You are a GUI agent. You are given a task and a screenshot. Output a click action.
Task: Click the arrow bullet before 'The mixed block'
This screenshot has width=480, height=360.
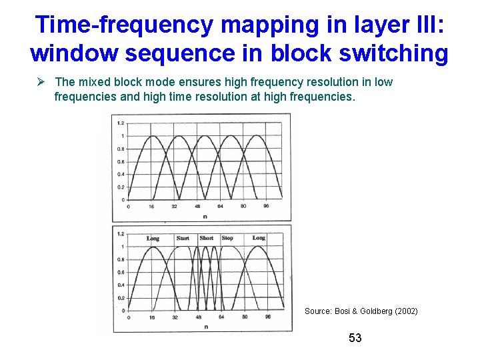point(41,82)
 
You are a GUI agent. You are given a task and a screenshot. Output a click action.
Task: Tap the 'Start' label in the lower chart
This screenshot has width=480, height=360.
point(183,238)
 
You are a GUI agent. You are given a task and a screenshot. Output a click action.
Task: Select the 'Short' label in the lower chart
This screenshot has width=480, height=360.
point(207,238)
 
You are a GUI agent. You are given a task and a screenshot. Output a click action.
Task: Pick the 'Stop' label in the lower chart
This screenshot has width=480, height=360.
point(227,238)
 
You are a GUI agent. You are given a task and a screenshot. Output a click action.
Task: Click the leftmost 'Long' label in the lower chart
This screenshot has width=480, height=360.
point(153,238)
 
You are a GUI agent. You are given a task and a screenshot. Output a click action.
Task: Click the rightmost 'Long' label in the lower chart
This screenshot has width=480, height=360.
point(259,238)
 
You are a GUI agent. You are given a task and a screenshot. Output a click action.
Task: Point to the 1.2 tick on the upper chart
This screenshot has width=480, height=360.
point(120,123)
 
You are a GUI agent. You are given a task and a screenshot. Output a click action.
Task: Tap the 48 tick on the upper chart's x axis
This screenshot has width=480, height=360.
point(197,207)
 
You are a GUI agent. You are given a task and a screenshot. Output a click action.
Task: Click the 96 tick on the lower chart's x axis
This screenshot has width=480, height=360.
point(266,317)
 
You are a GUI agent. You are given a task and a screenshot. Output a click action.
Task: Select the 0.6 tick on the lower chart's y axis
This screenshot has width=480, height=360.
point(120,272)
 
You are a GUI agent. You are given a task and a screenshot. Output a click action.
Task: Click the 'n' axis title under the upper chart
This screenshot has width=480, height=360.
point(204,215)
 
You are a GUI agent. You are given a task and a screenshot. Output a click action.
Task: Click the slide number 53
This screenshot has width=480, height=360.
point(355,339)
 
